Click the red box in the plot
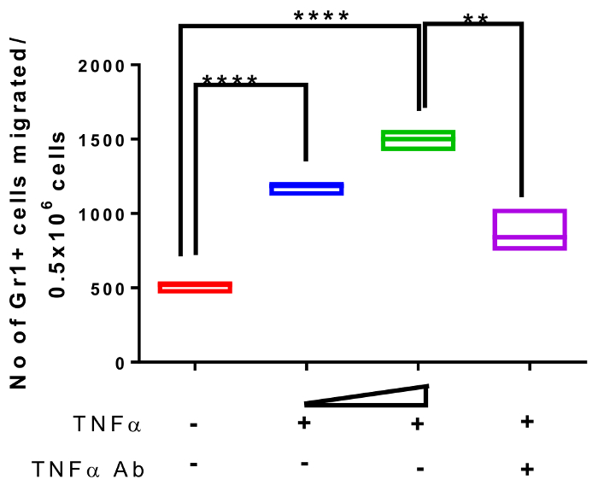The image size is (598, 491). (195, 288)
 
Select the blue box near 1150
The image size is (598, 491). (306, 189)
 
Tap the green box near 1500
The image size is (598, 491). (418, 140)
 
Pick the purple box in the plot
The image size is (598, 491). (530, 229)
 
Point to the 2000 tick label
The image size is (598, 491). (101, 66)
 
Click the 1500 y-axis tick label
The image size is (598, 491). (101, 140)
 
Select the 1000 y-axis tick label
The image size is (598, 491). (101, 214)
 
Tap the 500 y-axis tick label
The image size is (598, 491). (106, 289)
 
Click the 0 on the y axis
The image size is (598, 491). (120, 363)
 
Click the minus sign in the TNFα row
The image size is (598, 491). (195, 424)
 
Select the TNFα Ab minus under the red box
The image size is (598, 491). (195, 465)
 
